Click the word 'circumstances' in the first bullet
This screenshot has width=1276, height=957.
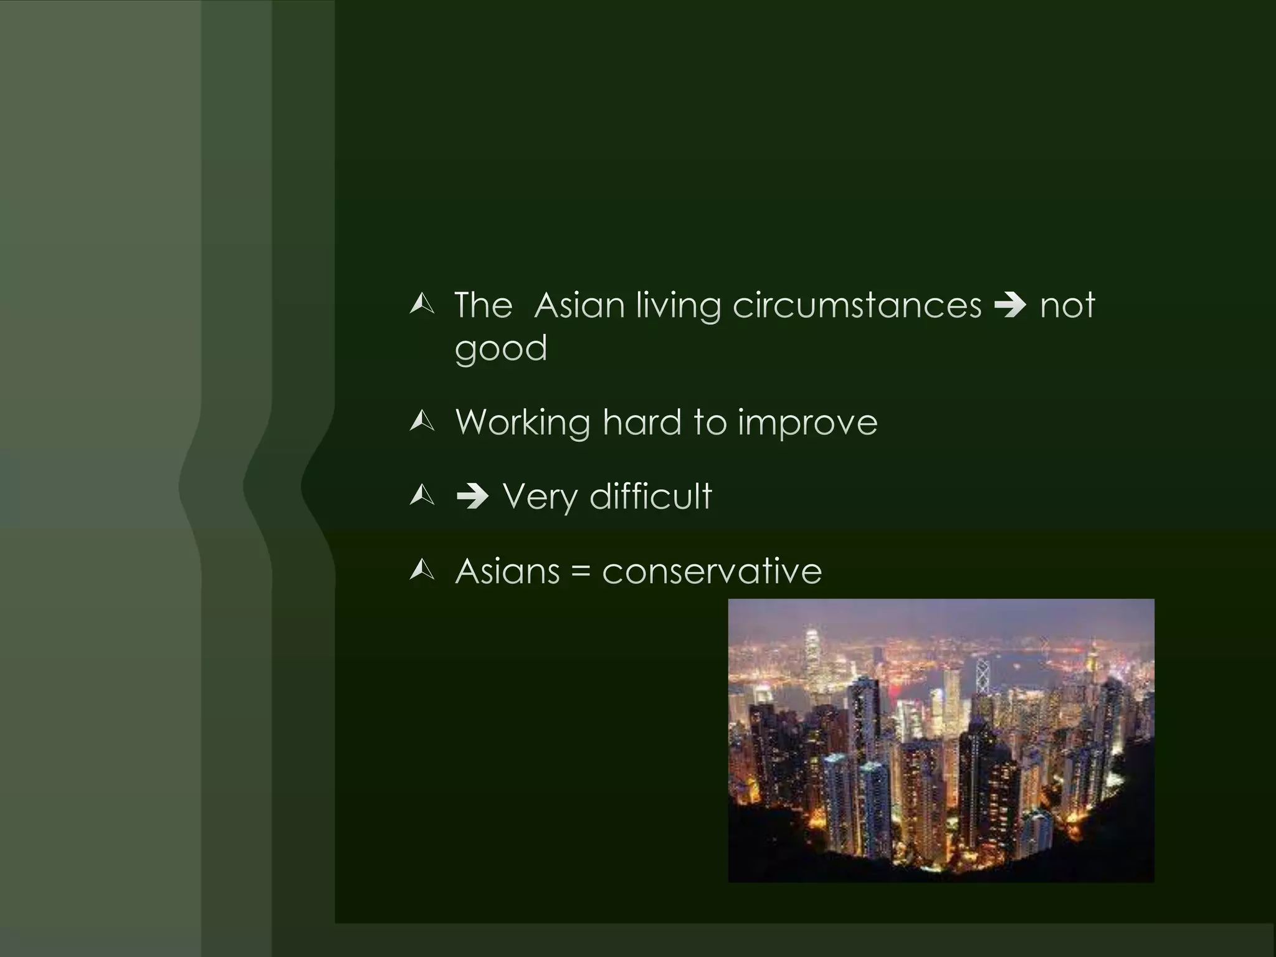[x=857, y=305]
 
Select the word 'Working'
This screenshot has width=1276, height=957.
[x=523, y=423]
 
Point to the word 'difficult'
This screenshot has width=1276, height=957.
[x=650, y=497]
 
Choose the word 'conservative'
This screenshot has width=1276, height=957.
[x=712, y=571]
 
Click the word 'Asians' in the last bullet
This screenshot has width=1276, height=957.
[x=508, y=571]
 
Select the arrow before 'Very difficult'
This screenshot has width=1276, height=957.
[x=472, y=497]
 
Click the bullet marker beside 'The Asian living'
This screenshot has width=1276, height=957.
[x=422, y=305]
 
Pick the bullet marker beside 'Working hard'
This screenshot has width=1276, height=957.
[x=422, y=422]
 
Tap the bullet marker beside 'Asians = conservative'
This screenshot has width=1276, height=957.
[x=422, y=571]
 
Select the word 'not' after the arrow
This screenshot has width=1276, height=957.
[x=1067, y=305]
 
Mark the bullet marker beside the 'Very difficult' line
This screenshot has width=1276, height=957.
[x=422, y=497]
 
